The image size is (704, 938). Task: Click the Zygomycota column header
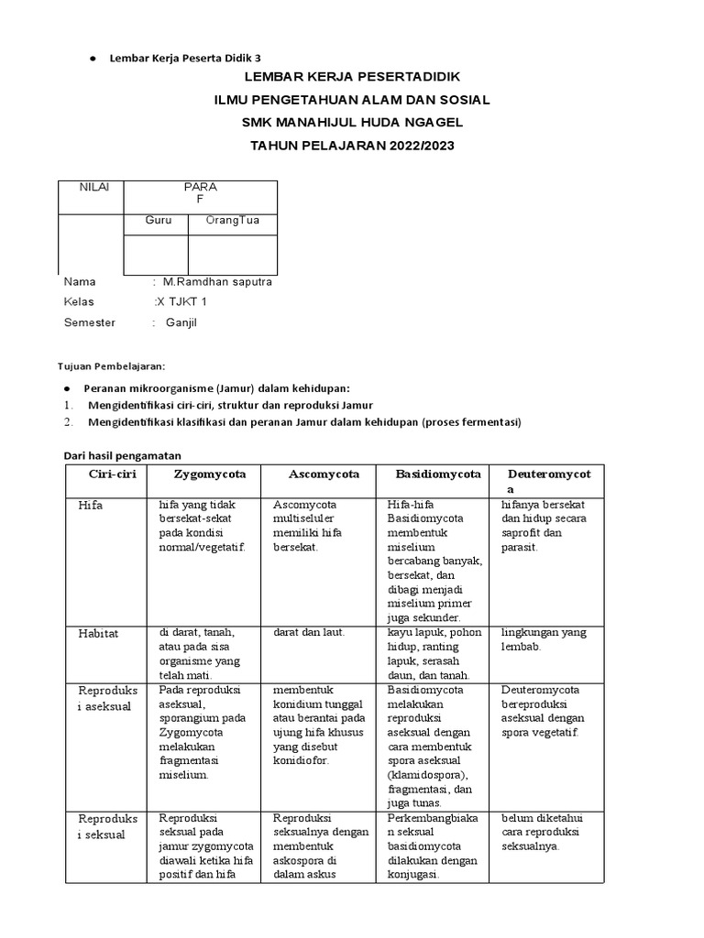point(210,474)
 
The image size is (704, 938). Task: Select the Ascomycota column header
point(324,474)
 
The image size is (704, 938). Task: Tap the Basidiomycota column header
point(438,474)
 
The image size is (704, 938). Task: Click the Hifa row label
point(91,506)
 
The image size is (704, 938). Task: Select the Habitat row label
point(98,633)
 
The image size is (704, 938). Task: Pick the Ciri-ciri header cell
point(111,474)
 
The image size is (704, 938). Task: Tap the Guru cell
point(159,221)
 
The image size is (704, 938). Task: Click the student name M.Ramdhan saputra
point(217,282)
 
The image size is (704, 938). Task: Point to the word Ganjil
point(181,322)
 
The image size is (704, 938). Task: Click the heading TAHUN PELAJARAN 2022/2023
point(353,145)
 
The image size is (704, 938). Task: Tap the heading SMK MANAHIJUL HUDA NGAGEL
point(353,122)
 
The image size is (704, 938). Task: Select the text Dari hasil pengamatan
point(122,454)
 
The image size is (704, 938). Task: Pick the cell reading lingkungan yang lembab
point(544,638)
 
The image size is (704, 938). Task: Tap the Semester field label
point(90,322)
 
